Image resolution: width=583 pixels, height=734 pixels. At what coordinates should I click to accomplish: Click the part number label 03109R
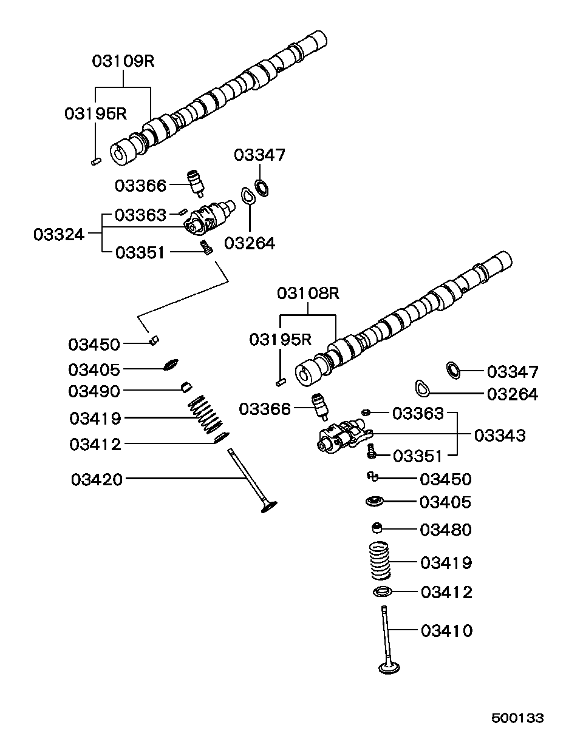[124, 61]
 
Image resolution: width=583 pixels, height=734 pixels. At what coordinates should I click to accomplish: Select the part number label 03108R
[308, 293]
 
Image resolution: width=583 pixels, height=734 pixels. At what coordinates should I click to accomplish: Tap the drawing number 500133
[517, 718]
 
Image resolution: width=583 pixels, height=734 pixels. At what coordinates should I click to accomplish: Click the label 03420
[97, 479]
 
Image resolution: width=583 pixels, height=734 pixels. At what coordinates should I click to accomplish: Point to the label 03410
[446, 631]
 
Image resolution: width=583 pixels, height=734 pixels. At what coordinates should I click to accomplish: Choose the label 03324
[59, 234]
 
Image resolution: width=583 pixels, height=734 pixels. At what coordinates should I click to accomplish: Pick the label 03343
[500, 435]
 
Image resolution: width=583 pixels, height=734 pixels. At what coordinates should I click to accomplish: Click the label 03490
[94, 391]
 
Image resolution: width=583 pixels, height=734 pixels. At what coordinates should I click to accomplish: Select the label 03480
[446, 530]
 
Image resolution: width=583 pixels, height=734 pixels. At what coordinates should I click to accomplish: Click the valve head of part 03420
[268, 506]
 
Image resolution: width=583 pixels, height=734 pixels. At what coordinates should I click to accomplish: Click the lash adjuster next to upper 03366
[196, 182]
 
